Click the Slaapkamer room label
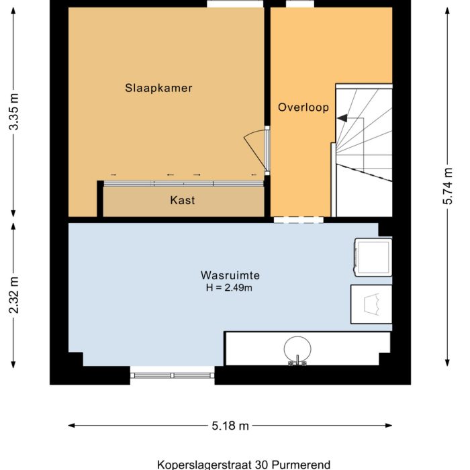click(x=159, y=88)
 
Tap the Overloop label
click(x=303, y=107)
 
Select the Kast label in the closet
click(x=183, y=200)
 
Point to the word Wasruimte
click(x=230, y=275)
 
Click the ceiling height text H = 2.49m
click(x=230, y=287)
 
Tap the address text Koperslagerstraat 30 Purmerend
click(x=234, y=464)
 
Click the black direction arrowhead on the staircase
click(x=342, y=118)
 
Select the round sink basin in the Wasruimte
click(x=297, y=348)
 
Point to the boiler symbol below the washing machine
click(x=371, y=304)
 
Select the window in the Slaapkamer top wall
click(x=234, y=4)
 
